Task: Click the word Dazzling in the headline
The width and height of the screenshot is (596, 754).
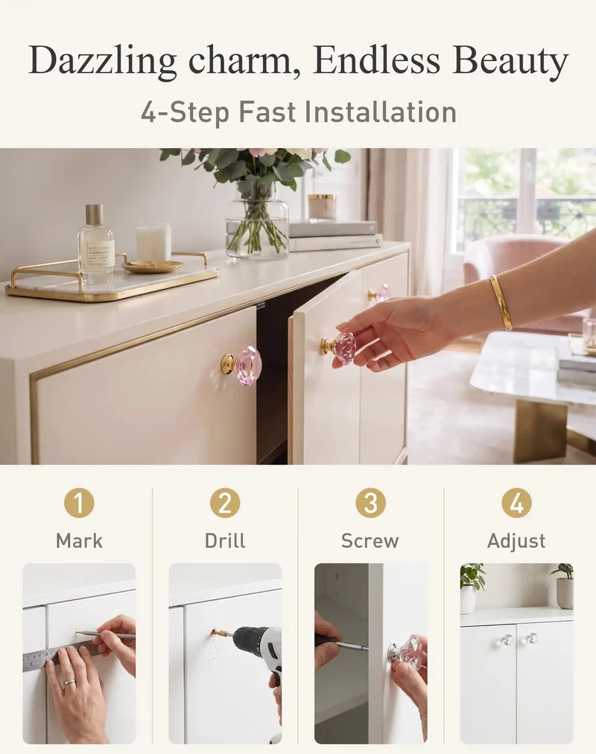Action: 103,61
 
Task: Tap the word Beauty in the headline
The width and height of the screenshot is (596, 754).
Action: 510,61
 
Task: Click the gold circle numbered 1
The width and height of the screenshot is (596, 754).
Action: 79,503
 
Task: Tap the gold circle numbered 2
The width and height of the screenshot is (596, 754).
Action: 225,503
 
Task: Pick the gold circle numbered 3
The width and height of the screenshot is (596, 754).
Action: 371,503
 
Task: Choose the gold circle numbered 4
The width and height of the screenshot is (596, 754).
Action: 516,503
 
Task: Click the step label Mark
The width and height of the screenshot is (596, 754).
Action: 80,541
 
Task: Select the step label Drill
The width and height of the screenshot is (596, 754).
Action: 225,541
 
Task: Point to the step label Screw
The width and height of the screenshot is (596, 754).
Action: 370,541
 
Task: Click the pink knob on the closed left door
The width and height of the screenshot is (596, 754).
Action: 242,365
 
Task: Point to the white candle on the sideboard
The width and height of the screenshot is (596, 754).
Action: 153,242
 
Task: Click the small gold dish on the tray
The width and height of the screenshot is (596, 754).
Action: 152,266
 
